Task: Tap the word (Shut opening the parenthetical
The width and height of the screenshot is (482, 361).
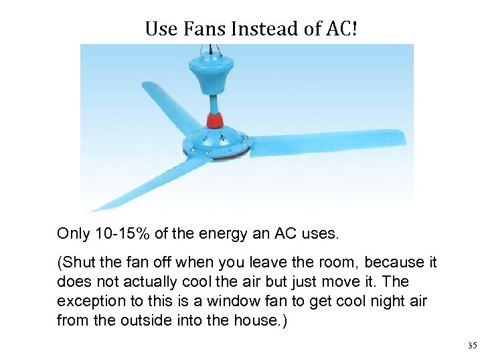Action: point(75,263)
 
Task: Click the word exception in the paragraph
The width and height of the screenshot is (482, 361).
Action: point(88,301)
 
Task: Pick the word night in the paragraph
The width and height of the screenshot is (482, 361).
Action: point(386,301)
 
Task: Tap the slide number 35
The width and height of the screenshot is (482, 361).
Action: point(472,346)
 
